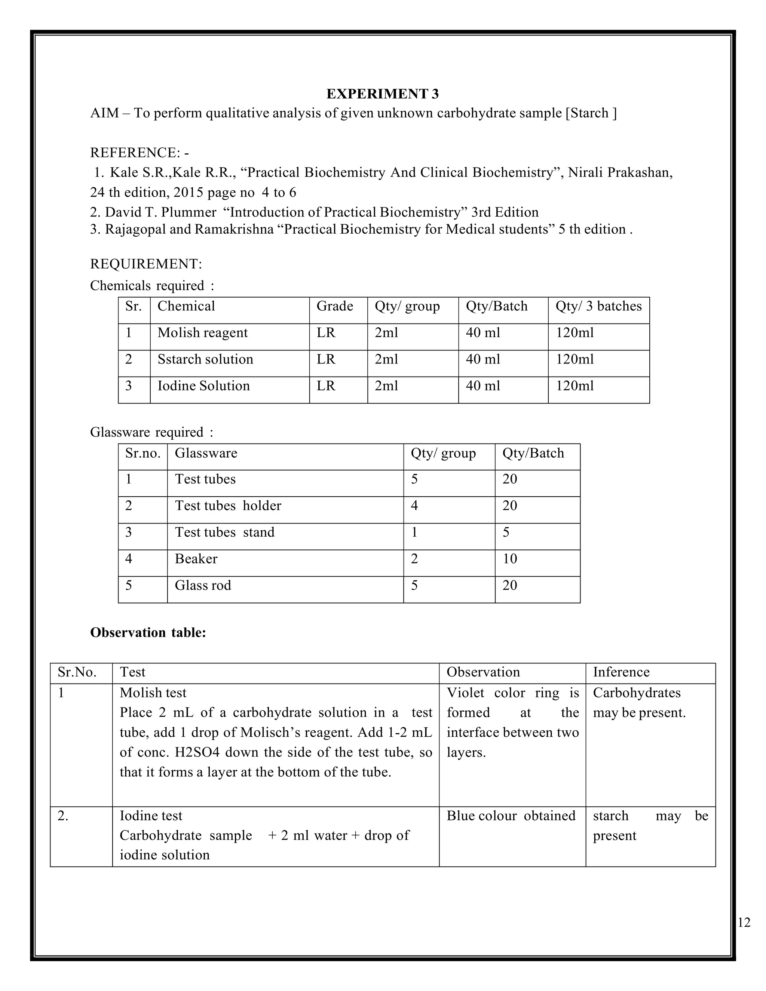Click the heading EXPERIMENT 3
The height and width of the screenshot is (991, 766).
383,93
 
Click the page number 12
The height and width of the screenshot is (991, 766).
744,923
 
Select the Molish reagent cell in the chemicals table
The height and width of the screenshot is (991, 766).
202,332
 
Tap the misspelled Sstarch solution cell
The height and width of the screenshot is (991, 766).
205,359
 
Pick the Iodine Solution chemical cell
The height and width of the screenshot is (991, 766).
203,386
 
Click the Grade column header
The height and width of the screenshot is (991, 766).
334,306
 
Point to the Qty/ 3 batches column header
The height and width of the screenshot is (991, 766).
598,306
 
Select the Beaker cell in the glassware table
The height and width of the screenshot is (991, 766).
196,559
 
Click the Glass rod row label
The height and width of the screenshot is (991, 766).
203,585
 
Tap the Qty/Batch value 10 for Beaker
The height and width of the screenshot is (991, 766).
510,559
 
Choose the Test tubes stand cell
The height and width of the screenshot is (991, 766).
225,532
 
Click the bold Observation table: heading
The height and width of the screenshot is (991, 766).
148,632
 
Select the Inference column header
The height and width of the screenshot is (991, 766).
621,672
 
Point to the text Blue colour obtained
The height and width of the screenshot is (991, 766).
511,816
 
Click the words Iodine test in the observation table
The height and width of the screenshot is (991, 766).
151,816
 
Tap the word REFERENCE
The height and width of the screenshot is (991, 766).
135,153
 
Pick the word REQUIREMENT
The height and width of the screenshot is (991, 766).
145,264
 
